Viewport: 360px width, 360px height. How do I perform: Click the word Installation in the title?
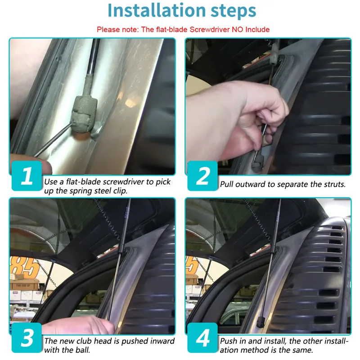(156, 10)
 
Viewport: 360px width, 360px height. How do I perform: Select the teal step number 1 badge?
(27, 176)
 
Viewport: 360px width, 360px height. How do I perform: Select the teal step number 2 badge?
(202, 176)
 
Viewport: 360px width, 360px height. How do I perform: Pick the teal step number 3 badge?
(27, 338)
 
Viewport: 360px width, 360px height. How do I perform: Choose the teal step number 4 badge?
(202, 338)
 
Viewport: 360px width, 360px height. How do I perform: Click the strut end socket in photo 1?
(84, 114)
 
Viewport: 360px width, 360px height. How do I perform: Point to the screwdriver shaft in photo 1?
(54, 139)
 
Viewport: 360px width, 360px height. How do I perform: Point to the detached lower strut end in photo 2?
(256, 163)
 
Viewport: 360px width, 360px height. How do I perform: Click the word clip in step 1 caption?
(120, 191)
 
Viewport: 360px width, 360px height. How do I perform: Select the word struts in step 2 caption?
(334, 184)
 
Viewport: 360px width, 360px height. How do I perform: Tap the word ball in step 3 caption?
(83, 350)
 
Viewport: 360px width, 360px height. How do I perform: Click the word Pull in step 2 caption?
(227, 184)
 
